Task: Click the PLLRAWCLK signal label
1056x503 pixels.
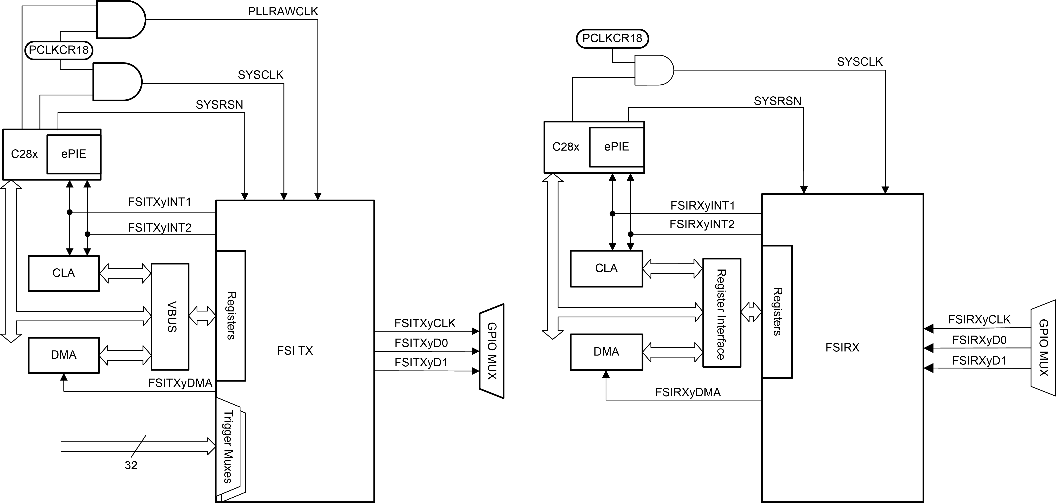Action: click(283, 12)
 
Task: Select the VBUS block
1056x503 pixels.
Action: click(170, 316)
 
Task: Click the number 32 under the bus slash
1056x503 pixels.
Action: click(131, 465)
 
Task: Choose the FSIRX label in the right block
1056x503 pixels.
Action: click(842, 348)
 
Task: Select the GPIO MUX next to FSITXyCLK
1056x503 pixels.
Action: click(491, 351)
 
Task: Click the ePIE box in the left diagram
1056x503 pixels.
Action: click(74, 154)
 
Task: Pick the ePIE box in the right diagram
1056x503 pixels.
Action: click(616, 147)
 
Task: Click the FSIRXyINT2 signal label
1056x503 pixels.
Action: click(702, 224)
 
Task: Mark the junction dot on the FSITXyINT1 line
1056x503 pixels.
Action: click(70, 212)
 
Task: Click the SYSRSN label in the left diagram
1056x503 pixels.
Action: click(219, 105)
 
